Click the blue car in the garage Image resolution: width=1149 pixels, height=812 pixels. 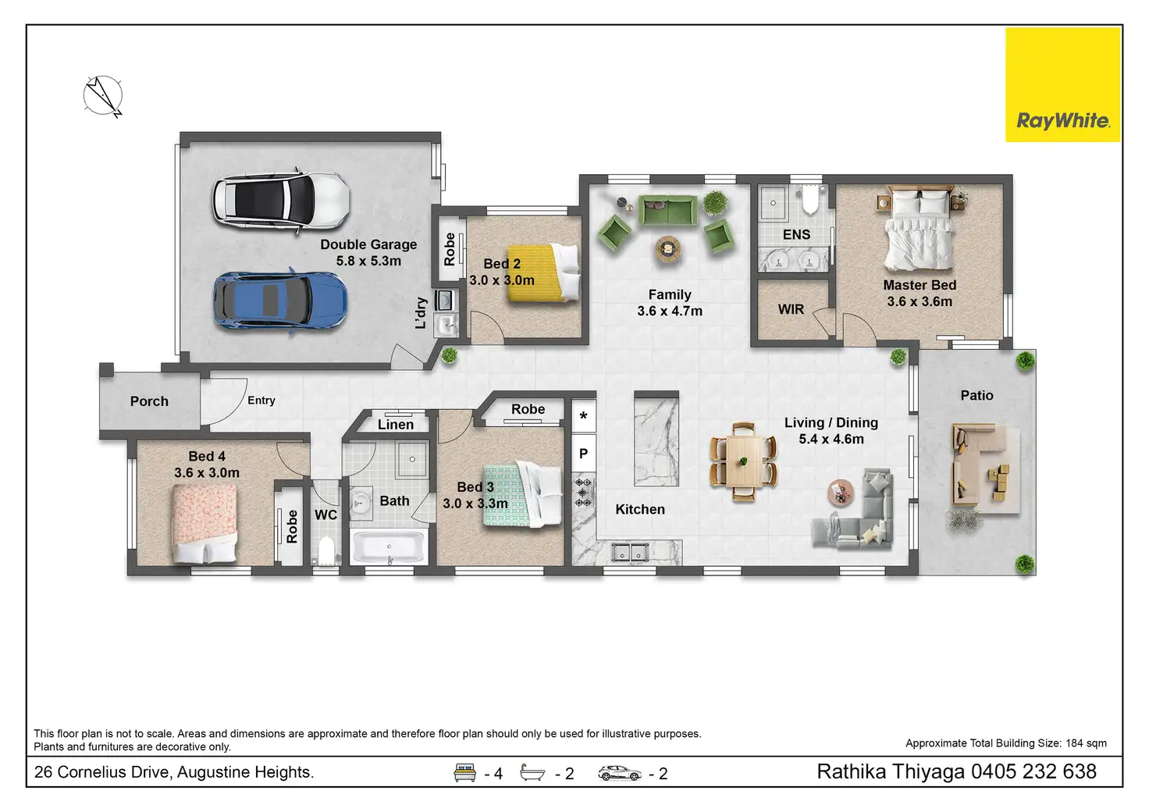(280, 301)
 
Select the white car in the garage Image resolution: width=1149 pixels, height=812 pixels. (282, 200)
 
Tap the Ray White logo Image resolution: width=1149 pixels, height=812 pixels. (1063, 84)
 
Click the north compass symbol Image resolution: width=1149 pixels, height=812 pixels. (104, 96)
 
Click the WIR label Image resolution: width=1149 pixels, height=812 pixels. (791, 309)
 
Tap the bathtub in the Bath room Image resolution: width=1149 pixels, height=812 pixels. (389, 547)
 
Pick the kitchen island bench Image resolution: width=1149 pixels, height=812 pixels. (656, 439)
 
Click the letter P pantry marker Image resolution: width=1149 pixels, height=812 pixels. (583, 454)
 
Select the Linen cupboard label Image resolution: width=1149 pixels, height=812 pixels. (396, 425)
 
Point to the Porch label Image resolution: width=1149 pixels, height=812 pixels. (149, 401)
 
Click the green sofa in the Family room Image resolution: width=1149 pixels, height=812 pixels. (668, 210)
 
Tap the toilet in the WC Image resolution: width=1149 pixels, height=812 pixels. (325, 551)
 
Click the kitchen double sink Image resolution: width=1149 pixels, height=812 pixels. (631, 553)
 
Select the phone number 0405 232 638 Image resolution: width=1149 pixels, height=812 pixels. (1033, 771)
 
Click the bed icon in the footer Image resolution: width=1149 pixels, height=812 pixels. (464, 772)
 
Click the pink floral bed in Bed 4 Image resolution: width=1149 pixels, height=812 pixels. (205, 524)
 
